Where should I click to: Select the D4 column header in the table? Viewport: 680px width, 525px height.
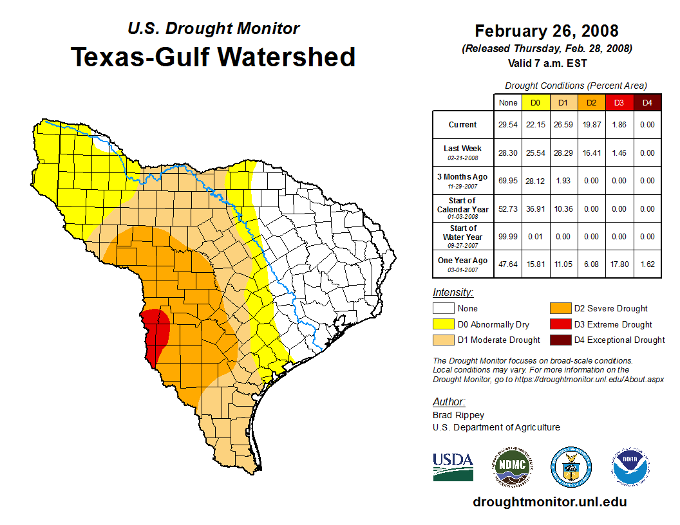(x=648, y=102)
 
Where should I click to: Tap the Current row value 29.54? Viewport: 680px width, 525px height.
(x=508, y=125)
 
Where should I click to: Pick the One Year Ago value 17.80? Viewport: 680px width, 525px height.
(x=619, y=264)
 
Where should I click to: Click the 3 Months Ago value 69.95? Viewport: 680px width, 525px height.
(x=508, y=181)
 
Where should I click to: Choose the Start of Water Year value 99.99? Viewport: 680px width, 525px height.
(x=508, y=237)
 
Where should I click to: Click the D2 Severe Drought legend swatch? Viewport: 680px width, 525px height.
(x=560, y=308)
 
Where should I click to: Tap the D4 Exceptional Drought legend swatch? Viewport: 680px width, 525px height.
(x=560, y=340)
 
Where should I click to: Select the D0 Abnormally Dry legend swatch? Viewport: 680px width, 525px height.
(x=443, y=324)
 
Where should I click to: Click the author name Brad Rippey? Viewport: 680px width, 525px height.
(x=458, y=415)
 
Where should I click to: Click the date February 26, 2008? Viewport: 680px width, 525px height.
(x=547, y=31)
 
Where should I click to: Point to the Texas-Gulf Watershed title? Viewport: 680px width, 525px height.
(x=213, y=57)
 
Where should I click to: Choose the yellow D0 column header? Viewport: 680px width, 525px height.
(x=536, y=102)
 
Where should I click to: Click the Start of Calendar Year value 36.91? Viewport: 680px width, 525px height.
(x=536, y=209)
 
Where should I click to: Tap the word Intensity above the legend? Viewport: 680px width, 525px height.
(x=453, y=293)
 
